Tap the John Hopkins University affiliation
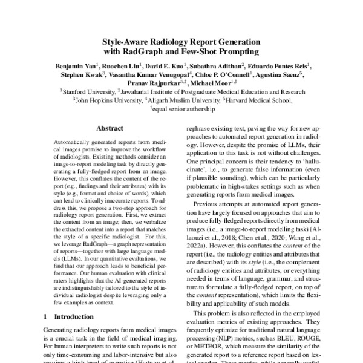(x=106, y=100)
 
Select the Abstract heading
(x=110, y=129)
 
